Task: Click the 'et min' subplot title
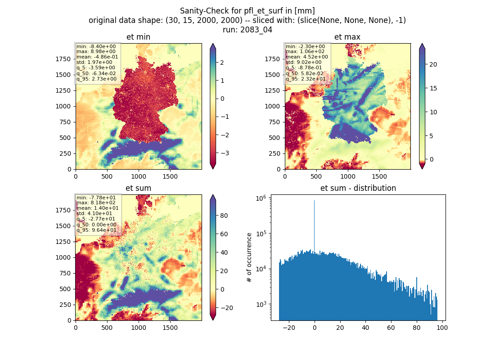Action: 138,37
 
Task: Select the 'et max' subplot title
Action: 347,37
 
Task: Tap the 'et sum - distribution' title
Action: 358,188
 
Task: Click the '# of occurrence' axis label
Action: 249,257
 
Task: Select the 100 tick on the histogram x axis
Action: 442,328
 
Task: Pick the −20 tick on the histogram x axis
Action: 289,328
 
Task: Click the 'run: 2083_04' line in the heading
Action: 247,30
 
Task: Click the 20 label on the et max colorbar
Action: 433,64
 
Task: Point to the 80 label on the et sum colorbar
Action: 224,216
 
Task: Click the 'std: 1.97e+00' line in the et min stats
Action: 94,62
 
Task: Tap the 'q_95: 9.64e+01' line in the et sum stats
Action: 96,230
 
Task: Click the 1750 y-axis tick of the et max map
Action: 272,59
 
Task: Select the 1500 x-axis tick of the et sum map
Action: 170,328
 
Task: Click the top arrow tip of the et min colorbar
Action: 213,44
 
